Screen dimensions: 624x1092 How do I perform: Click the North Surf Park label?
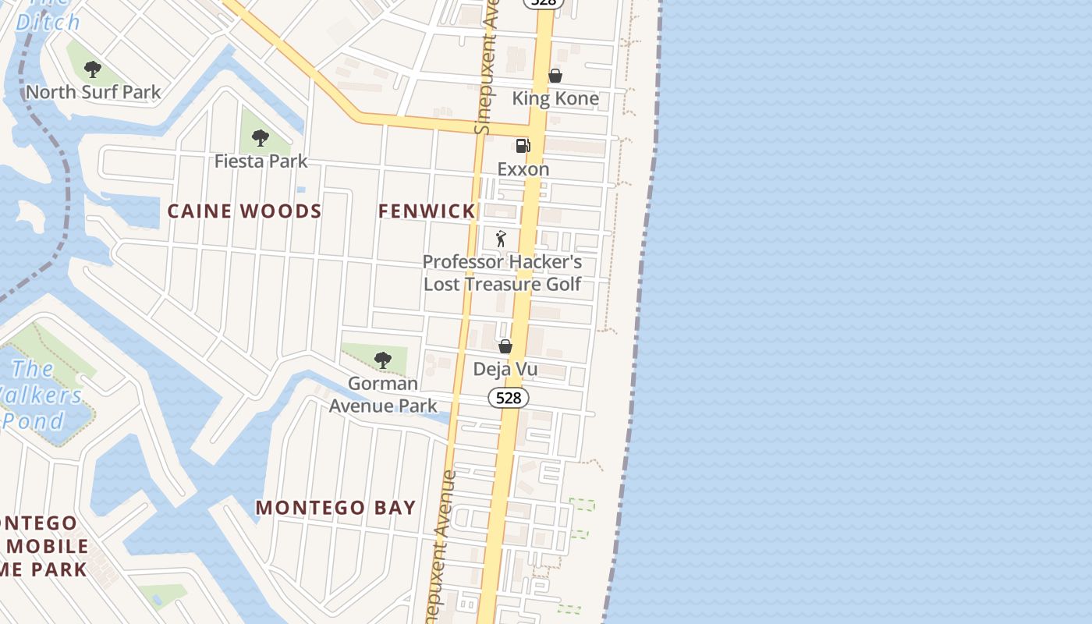pos(94,92)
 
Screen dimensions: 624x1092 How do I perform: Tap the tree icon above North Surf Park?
pos(93,69)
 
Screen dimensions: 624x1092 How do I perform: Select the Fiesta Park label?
pos(261,161)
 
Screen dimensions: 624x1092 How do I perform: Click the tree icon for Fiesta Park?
pos(261,139)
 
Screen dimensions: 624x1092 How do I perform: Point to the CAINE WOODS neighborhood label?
pos(245,211)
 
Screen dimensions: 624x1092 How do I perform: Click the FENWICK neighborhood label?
pos(427,211)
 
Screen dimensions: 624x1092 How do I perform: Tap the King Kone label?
pos(555,98)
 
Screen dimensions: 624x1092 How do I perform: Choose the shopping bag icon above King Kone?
pos(555,76)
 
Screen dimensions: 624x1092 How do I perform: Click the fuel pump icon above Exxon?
pos(523,146)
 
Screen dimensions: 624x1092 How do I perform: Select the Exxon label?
pos(523,168)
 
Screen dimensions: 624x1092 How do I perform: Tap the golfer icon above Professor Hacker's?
pos(501,239)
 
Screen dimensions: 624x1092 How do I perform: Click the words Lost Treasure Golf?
pos(502,284)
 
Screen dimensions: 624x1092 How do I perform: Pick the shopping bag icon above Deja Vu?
pos(505,346)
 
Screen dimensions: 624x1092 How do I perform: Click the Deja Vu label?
pos(505,369)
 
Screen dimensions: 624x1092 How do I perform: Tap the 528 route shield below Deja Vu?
pos(509,398)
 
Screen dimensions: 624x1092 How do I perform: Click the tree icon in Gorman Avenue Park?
pos(382,360)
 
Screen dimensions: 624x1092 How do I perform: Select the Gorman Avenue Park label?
pos(383,395)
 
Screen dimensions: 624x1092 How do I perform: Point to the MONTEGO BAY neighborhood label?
pos(336,507)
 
